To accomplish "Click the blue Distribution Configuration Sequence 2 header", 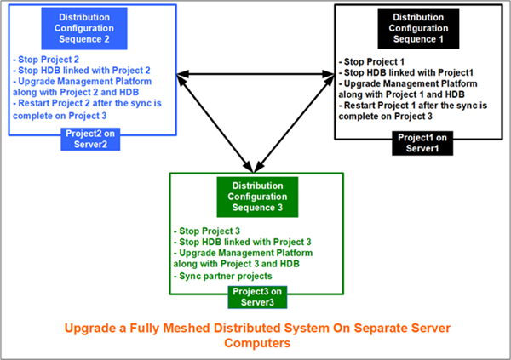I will click(x=83, y=27).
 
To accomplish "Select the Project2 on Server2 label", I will click(x=91, y=138).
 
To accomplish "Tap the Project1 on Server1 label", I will click(x=418, y=143).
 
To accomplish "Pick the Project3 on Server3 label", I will click(x=256, y=297).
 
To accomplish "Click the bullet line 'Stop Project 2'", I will click(x=43, y=60).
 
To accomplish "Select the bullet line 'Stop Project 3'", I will click(x=204, y=231).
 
